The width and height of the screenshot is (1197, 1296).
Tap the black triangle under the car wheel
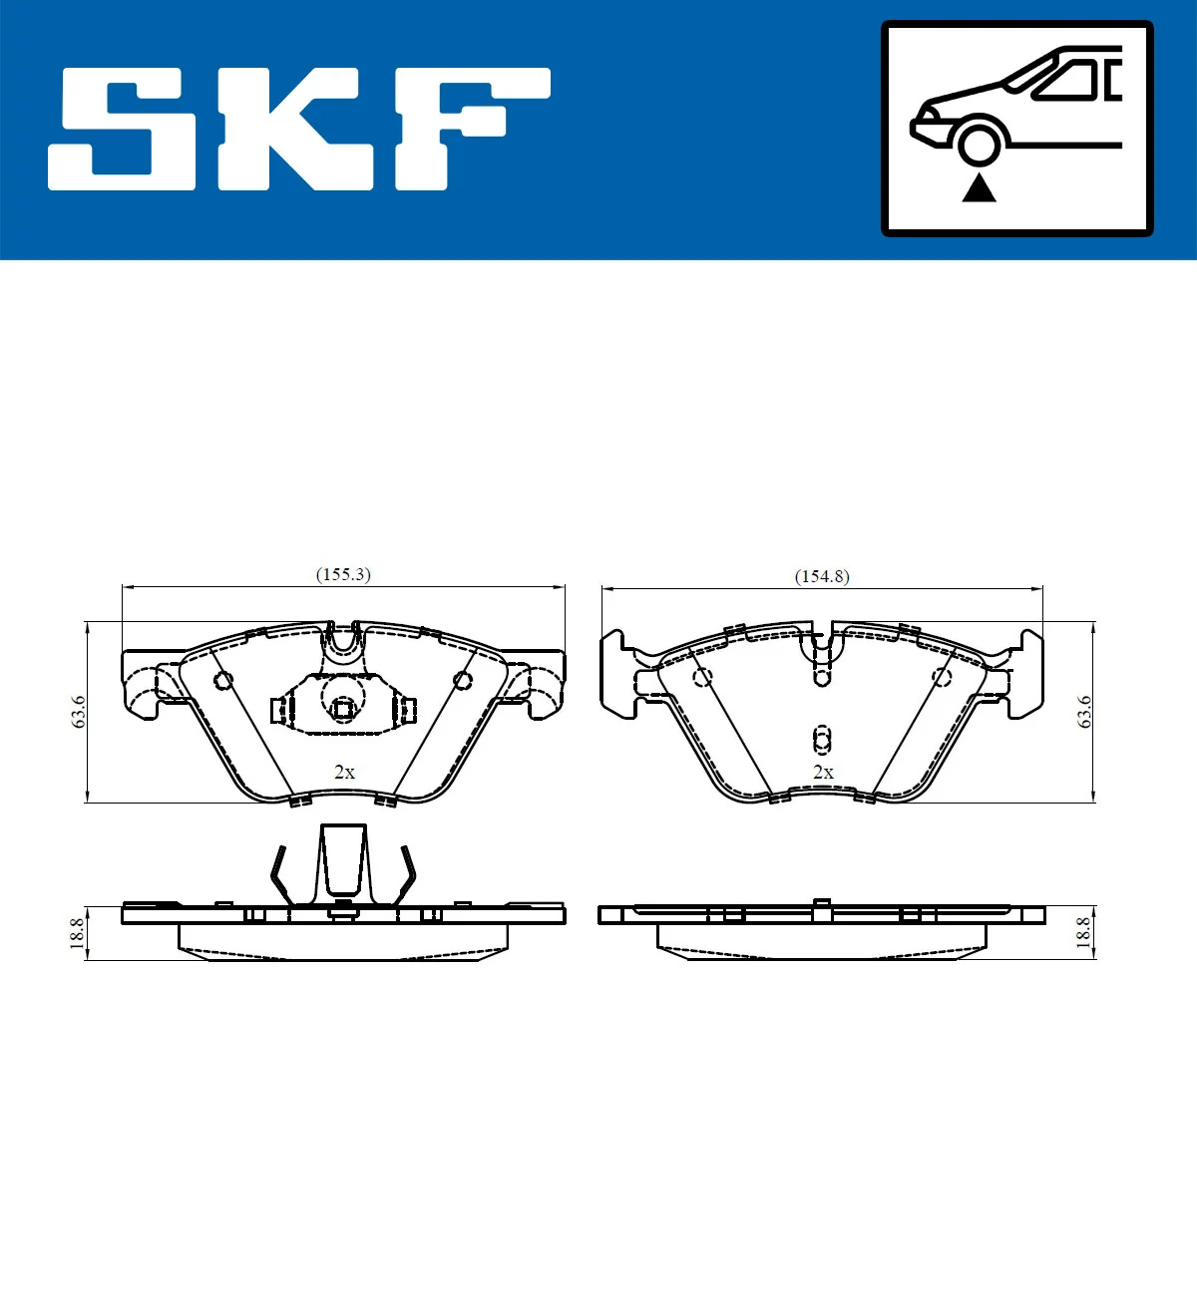pyautogui.click(x=979, y=187)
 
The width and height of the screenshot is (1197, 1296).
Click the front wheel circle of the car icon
pyautogui.click(x=979, y=143)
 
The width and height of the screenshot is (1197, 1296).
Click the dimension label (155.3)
pyautogui.click(x=343, y=575)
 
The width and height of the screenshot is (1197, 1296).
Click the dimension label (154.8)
pyautogui.click(x=822, y=576)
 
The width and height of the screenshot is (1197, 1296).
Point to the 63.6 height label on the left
pyautogui.click(x=79, y=712)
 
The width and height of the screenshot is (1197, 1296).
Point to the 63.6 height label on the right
pyautogui.click(x=1084, y=712)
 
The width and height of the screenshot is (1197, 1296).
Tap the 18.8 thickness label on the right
pyautogui.click(x=1083, y=933)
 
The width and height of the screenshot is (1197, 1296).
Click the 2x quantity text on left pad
pyautogui.click(x=344, y=772)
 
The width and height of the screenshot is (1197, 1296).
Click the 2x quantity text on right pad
pyautogui.click(x=823, y=772)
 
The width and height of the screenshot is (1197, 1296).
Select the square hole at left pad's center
pyautogui.click(x=342, y=709)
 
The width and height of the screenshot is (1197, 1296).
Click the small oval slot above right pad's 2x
pyautogui.click(x=821, y=739)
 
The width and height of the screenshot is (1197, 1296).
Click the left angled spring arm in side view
pyautogui.click(x=280, y=875)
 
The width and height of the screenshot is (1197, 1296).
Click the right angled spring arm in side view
pyautogui.click(x=406, y=875)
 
